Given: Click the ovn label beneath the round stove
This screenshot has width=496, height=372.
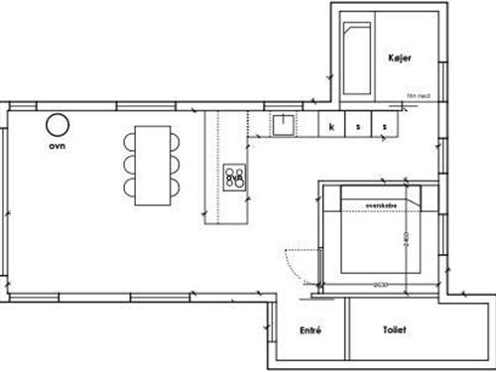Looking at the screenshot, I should (56, 146).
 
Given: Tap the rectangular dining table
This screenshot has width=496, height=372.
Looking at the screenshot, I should (153, 165).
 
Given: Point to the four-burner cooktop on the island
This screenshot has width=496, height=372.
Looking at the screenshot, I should (235, 178).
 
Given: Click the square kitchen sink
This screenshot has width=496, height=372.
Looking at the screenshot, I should (284, 124).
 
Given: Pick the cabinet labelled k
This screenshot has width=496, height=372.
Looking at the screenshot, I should (332, 126).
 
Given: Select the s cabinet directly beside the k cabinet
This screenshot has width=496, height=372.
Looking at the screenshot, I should (358, 126).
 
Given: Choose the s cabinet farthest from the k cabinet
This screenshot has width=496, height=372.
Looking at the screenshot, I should (384, 126).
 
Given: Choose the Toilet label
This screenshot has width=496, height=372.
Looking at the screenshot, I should (392, 328).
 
